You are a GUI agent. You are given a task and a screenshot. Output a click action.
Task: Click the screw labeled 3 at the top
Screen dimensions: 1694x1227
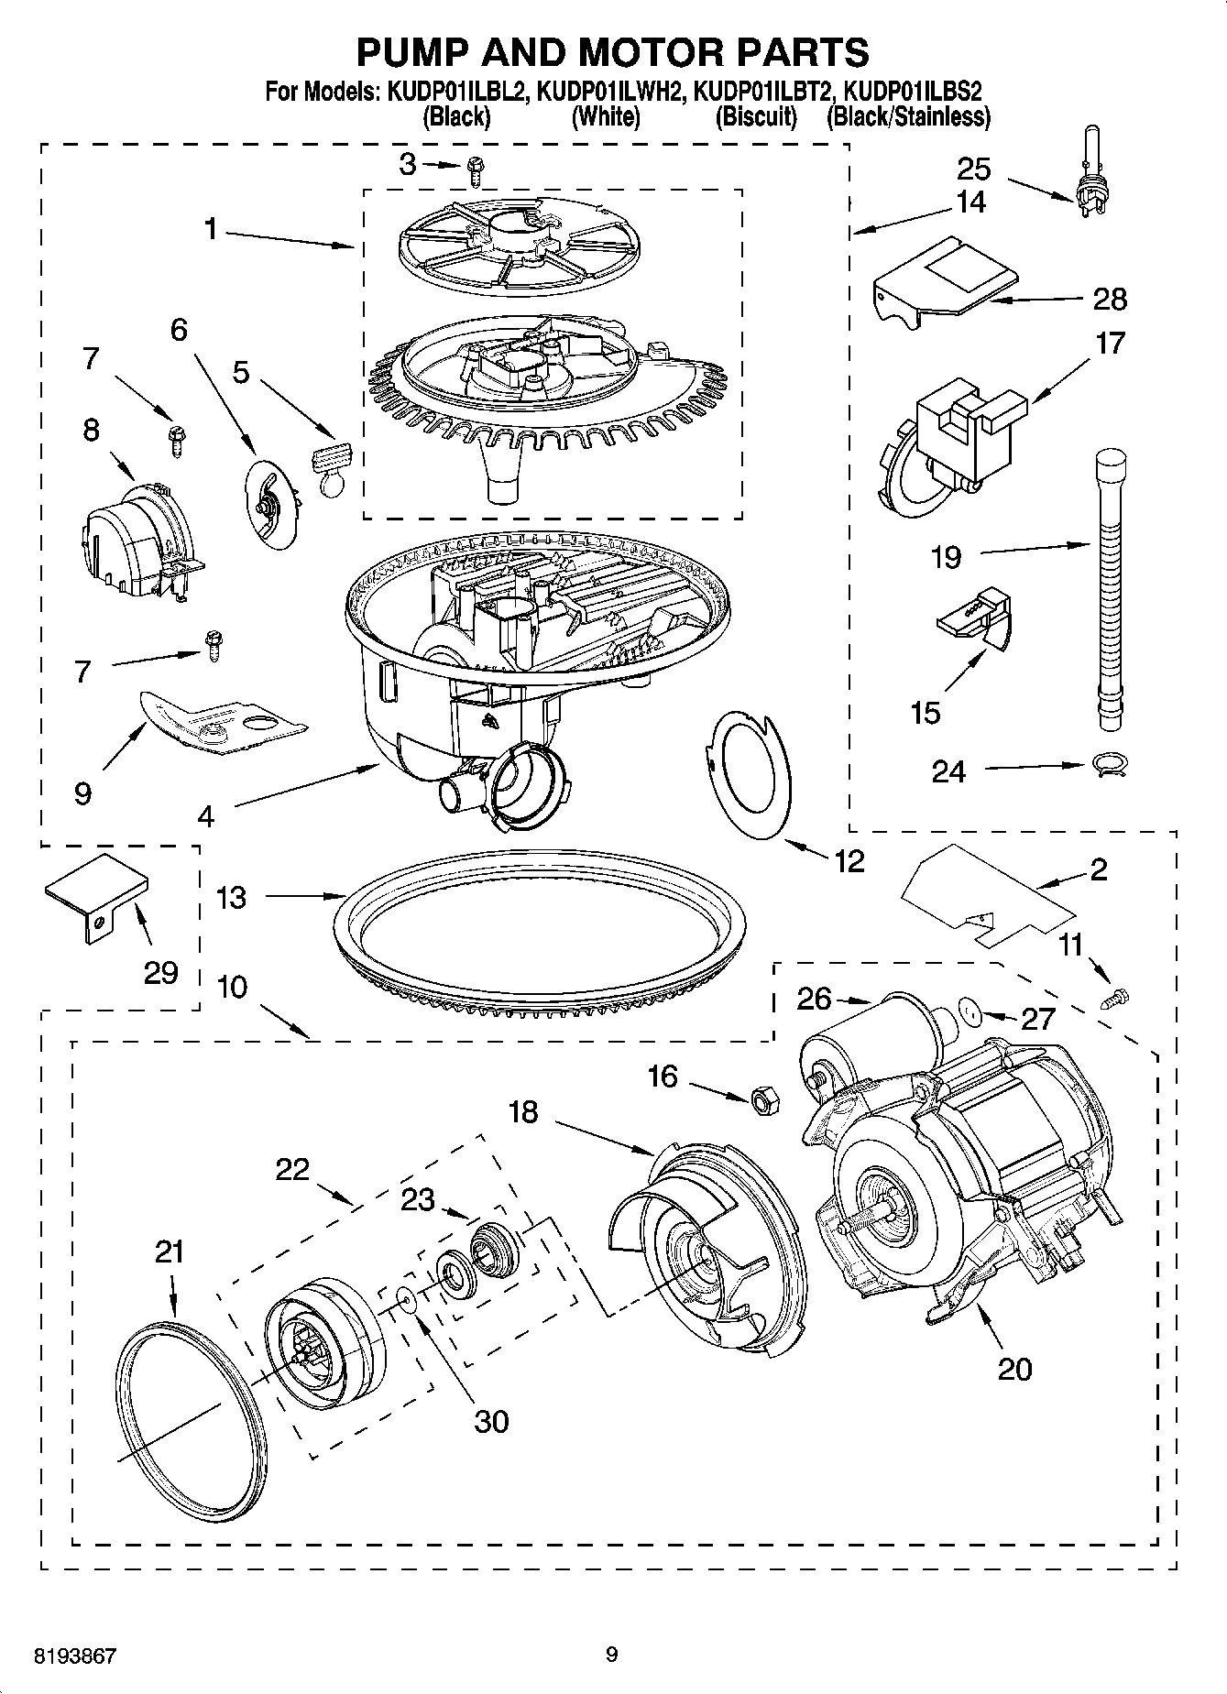pyautogui.click(x=475, y=168)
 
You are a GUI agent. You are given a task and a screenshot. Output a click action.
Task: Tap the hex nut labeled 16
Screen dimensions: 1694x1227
pyautogui.click(x=765, y=1099)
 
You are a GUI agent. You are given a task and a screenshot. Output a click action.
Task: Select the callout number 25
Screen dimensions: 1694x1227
pyautogui.click(x=974, y=169)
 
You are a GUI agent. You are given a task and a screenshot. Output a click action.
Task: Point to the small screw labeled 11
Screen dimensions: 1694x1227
pyautogui.click(x=1118, y=997)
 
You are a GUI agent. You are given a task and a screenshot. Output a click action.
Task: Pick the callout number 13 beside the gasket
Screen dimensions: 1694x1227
pyautogui.click(x=231, y=897)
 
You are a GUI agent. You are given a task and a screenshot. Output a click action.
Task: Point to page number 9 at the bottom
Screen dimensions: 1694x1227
pyautogui.click(x=612, y=1655)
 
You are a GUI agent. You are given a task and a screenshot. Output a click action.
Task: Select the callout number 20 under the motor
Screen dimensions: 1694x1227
pyautogui.click(x=1014, y=1369)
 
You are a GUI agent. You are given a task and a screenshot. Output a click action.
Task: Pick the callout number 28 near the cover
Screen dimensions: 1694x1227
pyautogui.click(x=1109, y=299)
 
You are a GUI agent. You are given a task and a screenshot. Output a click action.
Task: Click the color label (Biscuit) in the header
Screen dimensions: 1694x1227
pyautogui.click(x=756, y=117)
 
